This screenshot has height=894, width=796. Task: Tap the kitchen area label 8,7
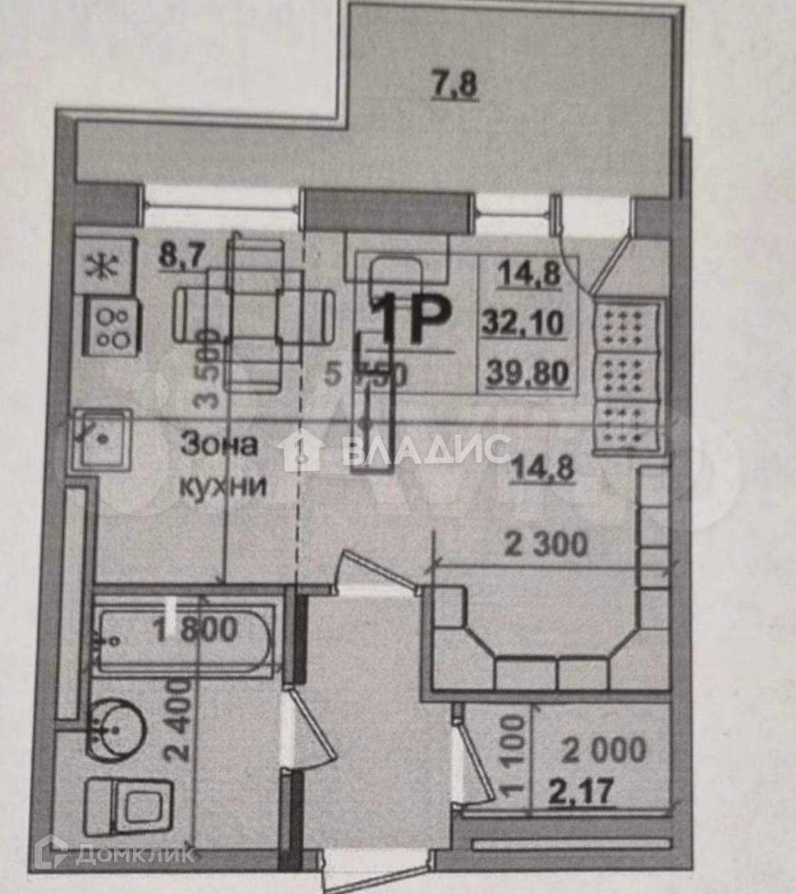(x=182, y=256)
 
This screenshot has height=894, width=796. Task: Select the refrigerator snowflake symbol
(x=103, y=267)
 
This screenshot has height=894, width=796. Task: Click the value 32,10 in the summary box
(x=524, y=323)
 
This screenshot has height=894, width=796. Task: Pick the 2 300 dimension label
(x=545, y=546)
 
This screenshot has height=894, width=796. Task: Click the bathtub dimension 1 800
(x=195, y=629)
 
